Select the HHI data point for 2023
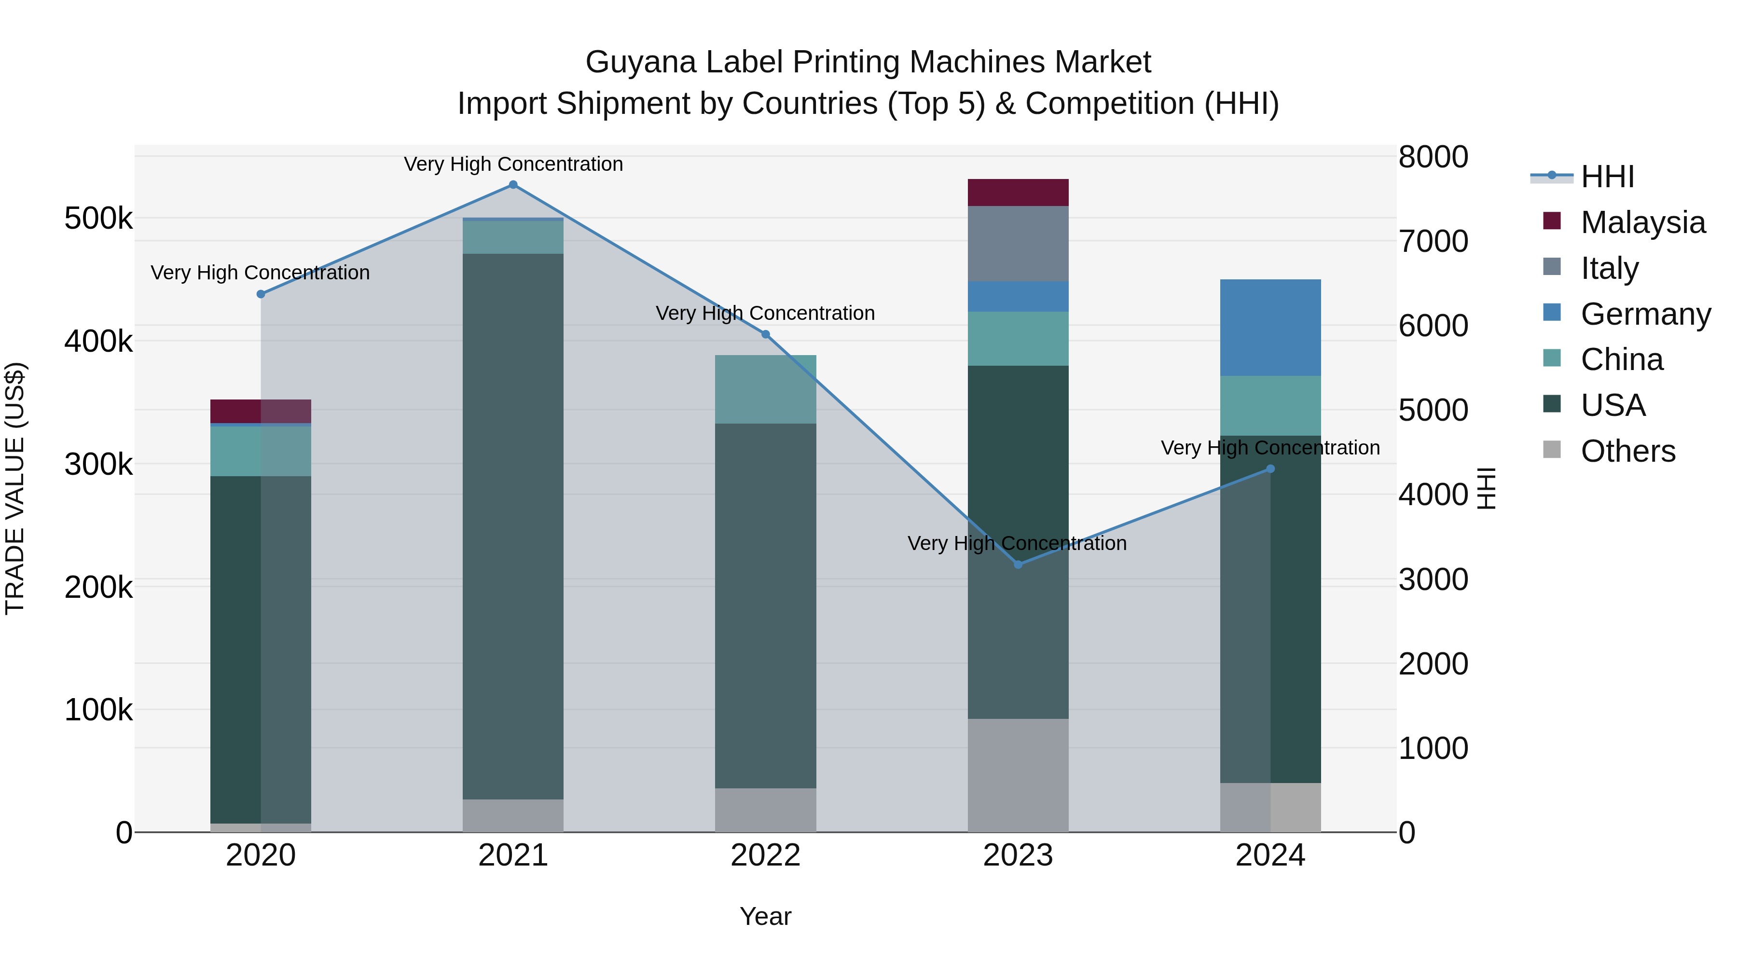[1018, 564]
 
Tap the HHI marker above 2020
[261, 294]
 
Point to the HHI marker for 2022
[765, 334]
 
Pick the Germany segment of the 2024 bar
[1270, 328]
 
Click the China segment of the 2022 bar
[765, 389]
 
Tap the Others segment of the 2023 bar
[1018, 775]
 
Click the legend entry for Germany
[1645, 314]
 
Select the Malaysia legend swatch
[1552, 221]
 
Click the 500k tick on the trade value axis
[98, 219]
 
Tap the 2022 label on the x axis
[765, 855]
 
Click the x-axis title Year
[765, 916]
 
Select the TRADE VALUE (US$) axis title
[15, 488]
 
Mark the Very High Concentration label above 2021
[513, 164]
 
